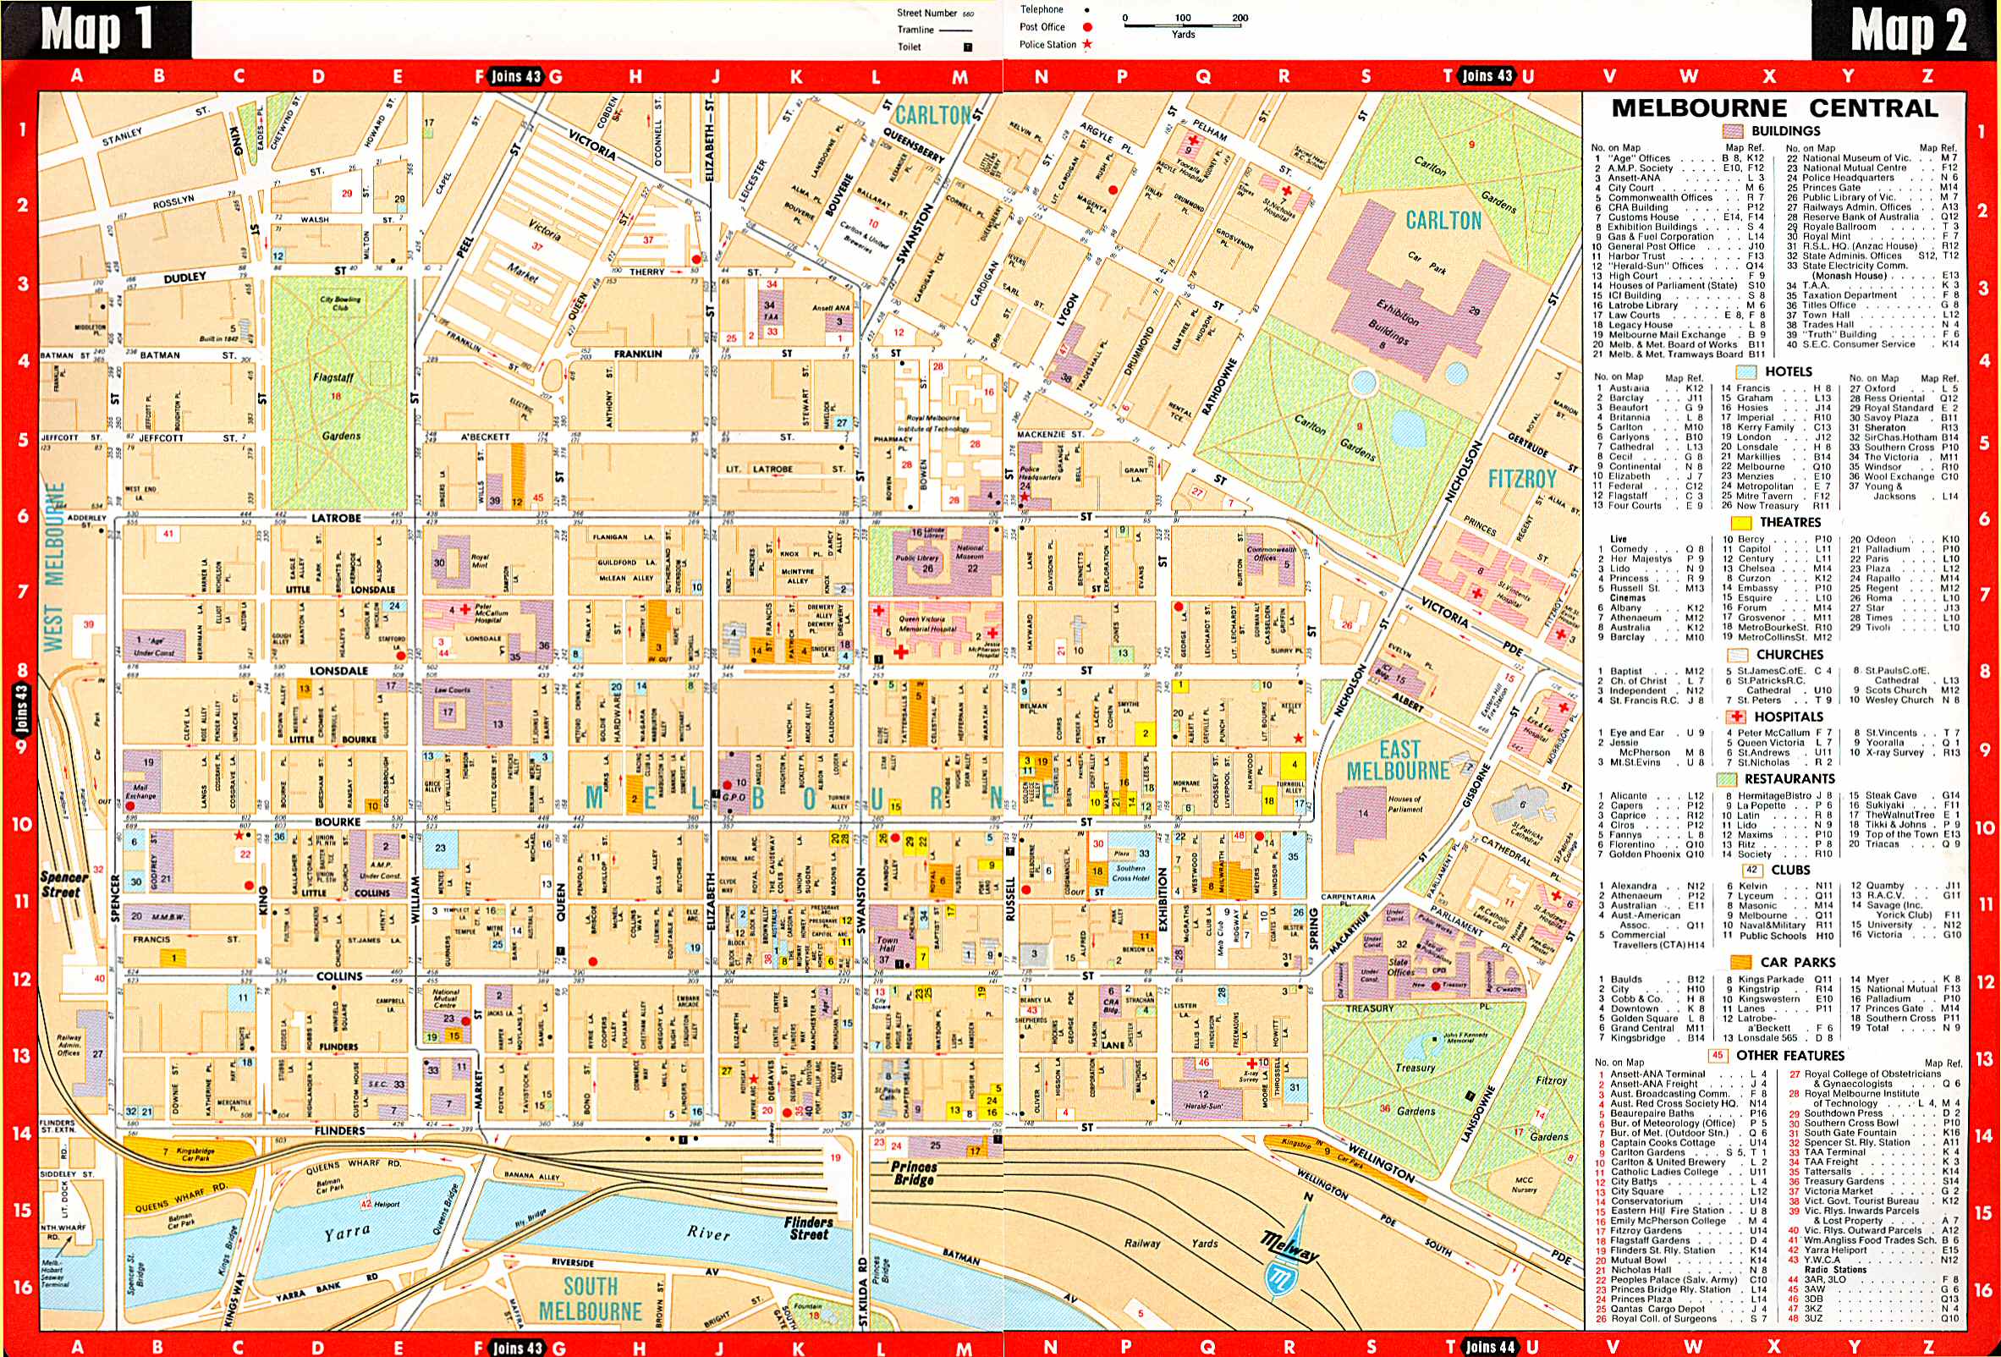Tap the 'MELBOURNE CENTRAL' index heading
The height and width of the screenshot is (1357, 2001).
click(x=1774, y=108)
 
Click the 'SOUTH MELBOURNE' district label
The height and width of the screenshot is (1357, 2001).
click(x=590, y=1299)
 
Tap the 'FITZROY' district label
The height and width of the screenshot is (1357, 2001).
click(x=1521, y=479)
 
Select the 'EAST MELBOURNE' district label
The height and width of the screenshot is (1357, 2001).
click(x=1398, y=760)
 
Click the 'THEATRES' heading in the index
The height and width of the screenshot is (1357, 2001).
click(x=1789, y=523)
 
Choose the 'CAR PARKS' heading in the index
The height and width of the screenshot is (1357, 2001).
click(x=1797, y=962)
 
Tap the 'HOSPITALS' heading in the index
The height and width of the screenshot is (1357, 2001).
click(x=1788, y=717)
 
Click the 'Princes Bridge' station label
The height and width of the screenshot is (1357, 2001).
click(x=914, y=1173)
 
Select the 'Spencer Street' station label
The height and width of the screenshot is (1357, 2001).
click(x=63, y=884)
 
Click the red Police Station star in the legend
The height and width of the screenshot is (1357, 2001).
click(x=1086, y=44)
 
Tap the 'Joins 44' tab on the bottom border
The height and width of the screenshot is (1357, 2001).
click(x=1491, y=1347)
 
